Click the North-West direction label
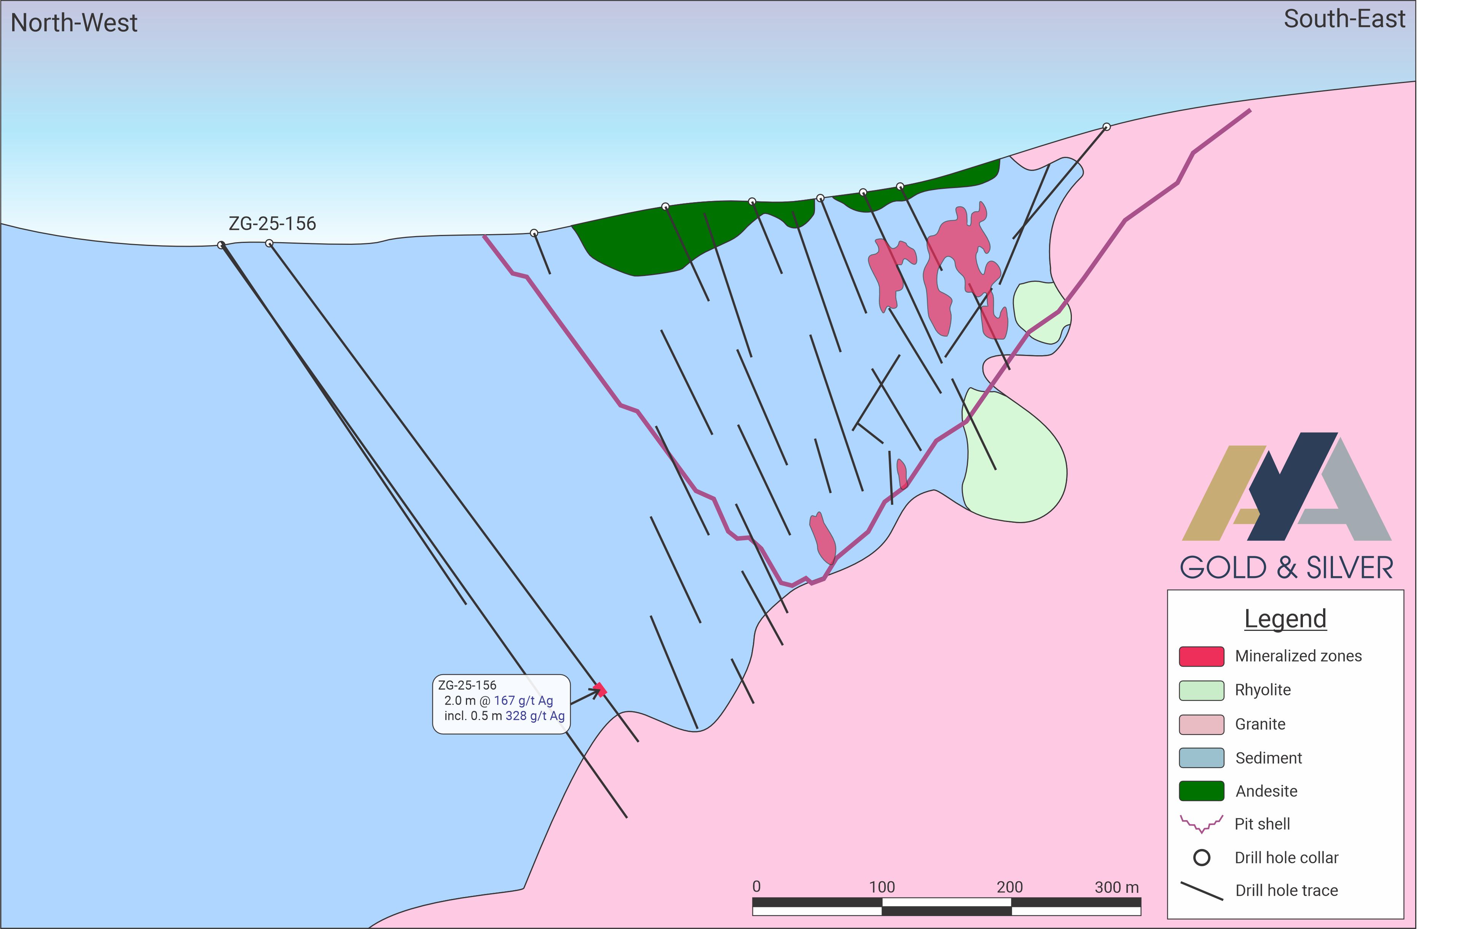(x=74, y=23)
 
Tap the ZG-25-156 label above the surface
(x=272, y=223)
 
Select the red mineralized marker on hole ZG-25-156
(x=600, y=690)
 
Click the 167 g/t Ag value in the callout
(x=523, y=701)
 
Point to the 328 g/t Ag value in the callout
(x=535, y=716)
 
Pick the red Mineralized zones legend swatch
(x=1201, y=656)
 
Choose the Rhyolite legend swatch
(x=1201, y=690)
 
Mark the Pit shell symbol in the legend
(x=1201, y=824)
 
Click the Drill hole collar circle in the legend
(x=1201, y=858)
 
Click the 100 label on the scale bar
(x=882, y=887)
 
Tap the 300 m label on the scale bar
(x=1116, y=887)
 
